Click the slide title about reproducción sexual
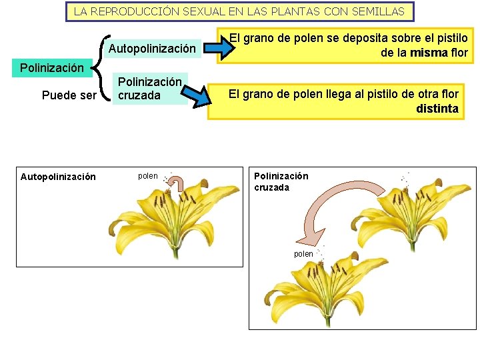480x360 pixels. [239, 11]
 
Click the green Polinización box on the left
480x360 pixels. [52, 67]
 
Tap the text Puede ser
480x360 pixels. [69, 95]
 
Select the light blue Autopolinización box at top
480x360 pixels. [152, 49]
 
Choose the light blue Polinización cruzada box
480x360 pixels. [149, 88]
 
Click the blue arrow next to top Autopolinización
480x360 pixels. [218, 48]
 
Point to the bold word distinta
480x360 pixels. [437, 109]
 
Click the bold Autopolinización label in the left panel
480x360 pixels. [58, 177]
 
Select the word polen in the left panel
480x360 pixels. [148, 176]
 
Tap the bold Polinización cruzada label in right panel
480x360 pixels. [281, 181]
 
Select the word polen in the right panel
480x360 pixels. [303, 254]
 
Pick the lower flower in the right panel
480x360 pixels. [320, 287]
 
